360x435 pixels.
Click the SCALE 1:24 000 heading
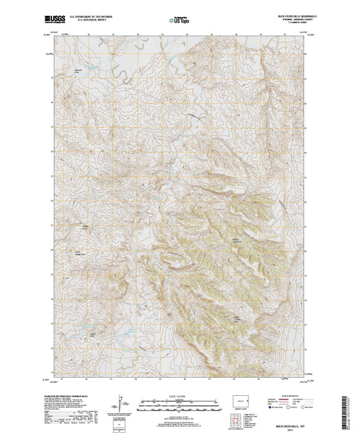(x=180, y=396)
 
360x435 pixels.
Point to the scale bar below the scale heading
(x=180, y=403)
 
